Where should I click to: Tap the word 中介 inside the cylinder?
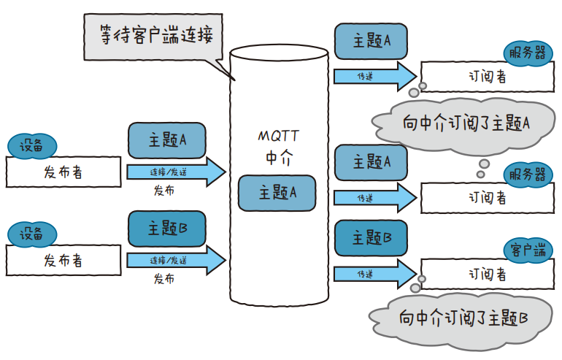(x=277, y=156)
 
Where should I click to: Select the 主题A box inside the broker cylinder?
(x=277, y=193)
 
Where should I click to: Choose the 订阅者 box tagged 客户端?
(x=487, y=274)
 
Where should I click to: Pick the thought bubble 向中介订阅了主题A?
(x=466, y=122)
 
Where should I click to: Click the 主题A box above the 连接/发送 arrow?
(x=166, y=139)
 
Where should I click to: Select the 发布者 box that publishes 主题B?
(x=63, y=260)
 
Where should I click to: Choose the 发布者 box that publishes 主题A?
(x=63, y=172)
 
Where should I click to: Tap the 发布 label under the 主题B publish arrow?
(x=164, y=279)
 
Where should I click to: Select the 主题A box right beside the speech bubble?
(x=371, y=41)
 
